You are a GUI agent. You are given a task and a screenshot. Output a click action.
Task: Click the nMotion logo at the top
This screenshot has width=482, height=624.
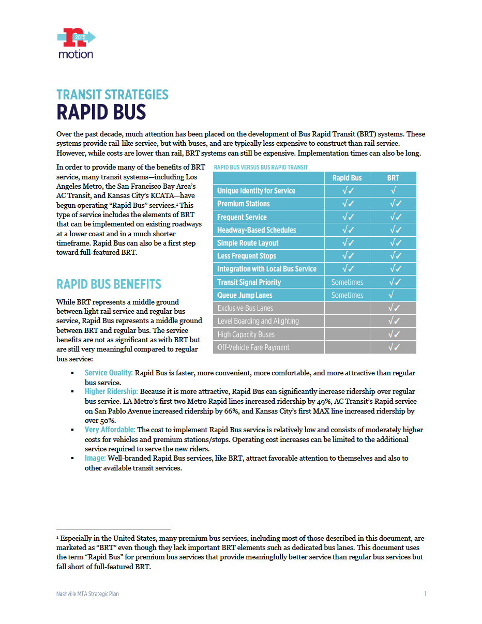click(76, 44)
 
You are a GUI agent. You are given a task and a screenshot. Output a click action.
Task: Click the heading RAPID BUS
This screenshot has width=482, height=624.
click(101, 112)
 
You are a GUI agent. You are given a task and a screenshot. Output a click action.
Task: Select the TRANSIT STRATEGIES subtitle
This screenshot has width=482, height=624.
click(112, 95)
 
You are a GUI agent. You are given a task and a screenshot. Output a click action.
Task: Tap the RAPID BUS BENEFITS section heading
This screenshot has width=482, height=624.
click(109, 284)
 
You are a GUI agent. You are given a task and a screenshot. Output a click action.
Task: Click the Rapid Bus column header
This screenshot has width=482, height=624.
click(347, 178)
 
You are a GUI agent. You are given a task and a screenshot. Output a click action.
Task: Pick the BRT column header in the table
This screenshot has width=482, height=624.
click(393, 178)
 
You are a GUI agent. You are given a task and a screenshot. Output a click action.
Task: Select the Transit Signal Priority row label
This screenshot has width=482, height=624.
click(249, 282)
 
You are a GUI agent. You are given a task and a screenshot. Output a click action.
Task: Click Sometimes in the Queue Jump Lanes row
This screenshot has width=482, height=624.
click(347, 295)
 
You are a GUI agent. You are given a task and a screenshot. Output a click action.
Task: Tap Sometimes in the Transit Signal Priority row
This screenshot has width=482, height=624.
click(347, 282)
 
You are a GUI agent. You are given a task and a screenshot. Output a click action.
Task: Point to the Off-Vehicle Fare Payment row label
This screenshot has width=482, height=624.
click(253, 347)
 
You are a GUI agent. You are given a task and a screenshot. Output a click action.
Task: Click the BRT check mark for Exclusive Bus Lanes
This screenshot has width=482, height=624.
click(394, 308)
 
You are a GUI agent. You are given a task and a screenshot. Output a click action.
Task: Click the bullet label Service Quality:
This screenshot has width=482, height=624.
click(109, 373)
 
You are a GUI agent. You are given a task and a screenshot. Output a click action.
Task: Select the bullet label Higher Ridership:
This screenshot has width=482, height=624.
click(111, 392)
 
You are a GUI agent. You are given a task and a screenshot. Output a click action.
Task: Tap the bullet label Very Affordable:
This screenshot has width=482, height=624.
click(110, 430)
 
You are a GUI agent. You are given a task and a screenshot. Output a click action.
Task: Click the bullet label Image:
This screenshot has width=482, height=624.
click(95, 458)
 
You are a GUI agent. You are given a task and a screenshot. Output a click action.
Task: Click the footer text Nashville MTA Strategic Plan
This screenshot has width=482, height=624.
click(87, 594)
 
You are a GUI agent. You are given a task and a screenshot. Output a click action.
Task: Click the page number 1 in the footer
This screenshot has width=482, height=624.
click(425, 594)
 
